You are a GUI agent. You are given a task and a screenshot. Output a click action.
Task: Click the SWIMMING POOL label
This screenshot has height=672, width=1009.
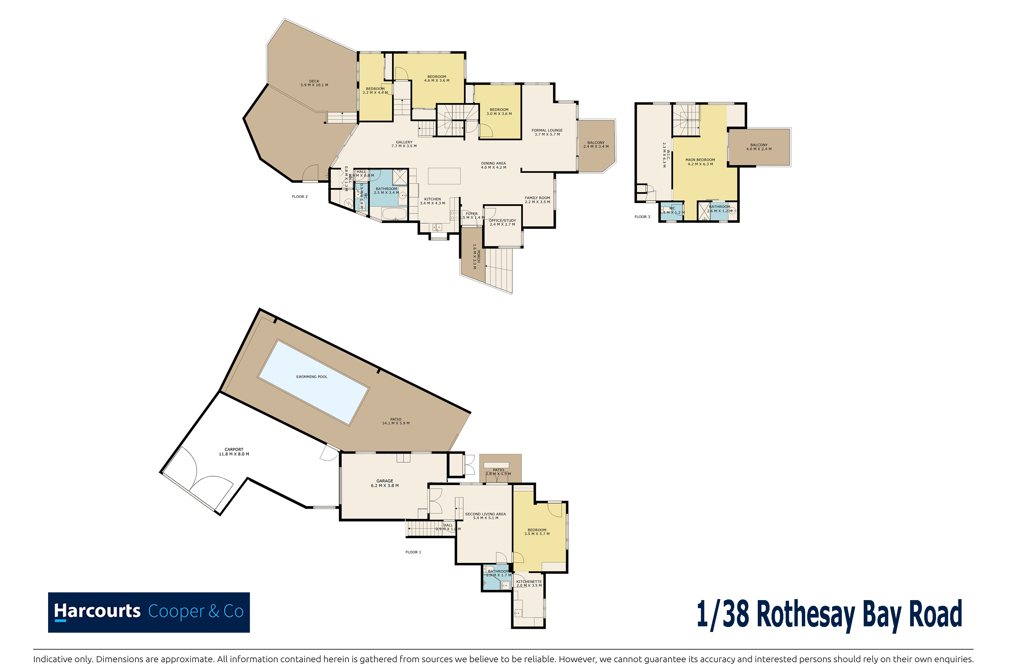click(311, 377)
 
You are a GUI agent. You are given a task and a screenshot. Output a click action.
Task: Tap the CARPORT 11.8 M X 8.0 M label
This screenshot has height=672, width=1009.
click(234, 452)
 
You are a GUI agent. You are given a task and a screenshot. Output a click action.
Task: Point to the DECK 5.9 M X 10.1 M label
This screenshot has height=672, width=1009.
click(314, 83)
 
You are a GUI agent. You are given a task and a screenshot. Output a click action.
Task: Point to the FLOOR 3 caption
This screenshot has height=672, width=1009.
click(642, 217)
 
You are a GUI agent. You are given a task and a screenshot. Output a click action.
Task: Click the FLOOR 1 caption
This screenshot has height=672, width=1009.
click(413, 552)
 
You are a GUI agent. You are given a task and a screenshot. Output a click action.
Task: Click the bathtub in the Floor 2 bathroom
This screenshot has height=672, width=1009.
click(394, 213)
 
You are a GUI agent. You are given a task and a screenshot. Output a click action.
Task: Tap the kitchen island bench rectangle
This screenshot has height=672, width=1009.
click(444, 176)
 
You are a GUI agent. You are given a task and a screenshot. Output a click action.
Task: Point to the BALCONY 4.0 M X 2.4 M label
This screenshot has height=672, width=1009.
click(758, 147)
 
